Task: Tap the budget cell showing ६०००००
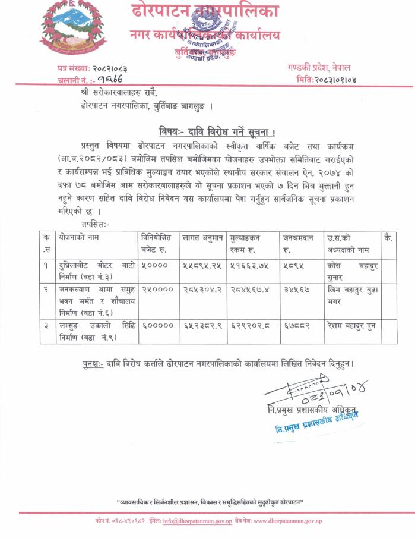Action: click(x=157, y=326)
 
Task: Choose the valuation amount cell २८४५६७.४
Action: click(x=249, y=289)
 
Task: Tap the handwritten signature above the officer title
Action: click(x=318, y=392)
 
